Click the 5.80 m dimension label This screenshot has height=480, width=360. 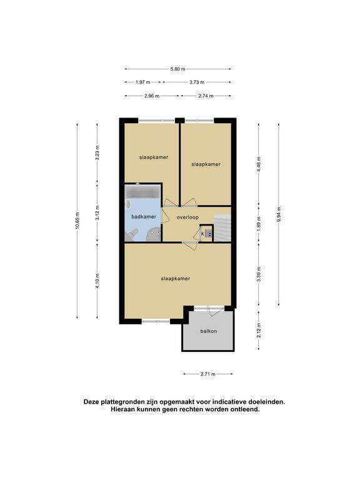coord(178,69)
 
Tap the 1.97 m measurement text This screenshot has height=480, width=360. coord(143,82)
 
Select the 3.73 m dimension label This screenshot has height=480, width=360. coord(197,82)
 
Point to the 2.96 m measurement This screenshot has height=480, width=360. coord(152,96)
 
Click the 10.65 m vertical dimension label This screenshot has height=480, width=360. coord(77,221)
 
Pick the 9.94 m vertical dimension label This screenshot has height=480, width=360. coord(279,214)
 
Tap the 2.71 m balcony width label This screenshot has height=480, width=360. coord(208,374)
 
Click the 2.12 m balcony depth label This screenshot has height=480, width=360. coord(259,331)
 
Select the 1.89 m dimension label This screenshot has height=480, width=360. coord(259,224)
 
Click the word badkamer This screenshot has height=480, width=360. coord(144,217)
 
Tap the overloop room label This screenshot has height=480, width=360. coord(187,217)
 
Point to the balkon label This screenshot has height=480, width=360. coord(209,331)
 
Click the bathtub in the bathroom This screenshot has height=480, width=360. coord(143,192)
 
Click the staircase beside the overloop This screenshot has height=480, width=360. coord(222,228)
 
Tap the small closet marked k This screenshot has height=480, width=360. coord(206,234)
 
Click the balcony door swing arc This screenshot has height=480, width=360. coord(215,312)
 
